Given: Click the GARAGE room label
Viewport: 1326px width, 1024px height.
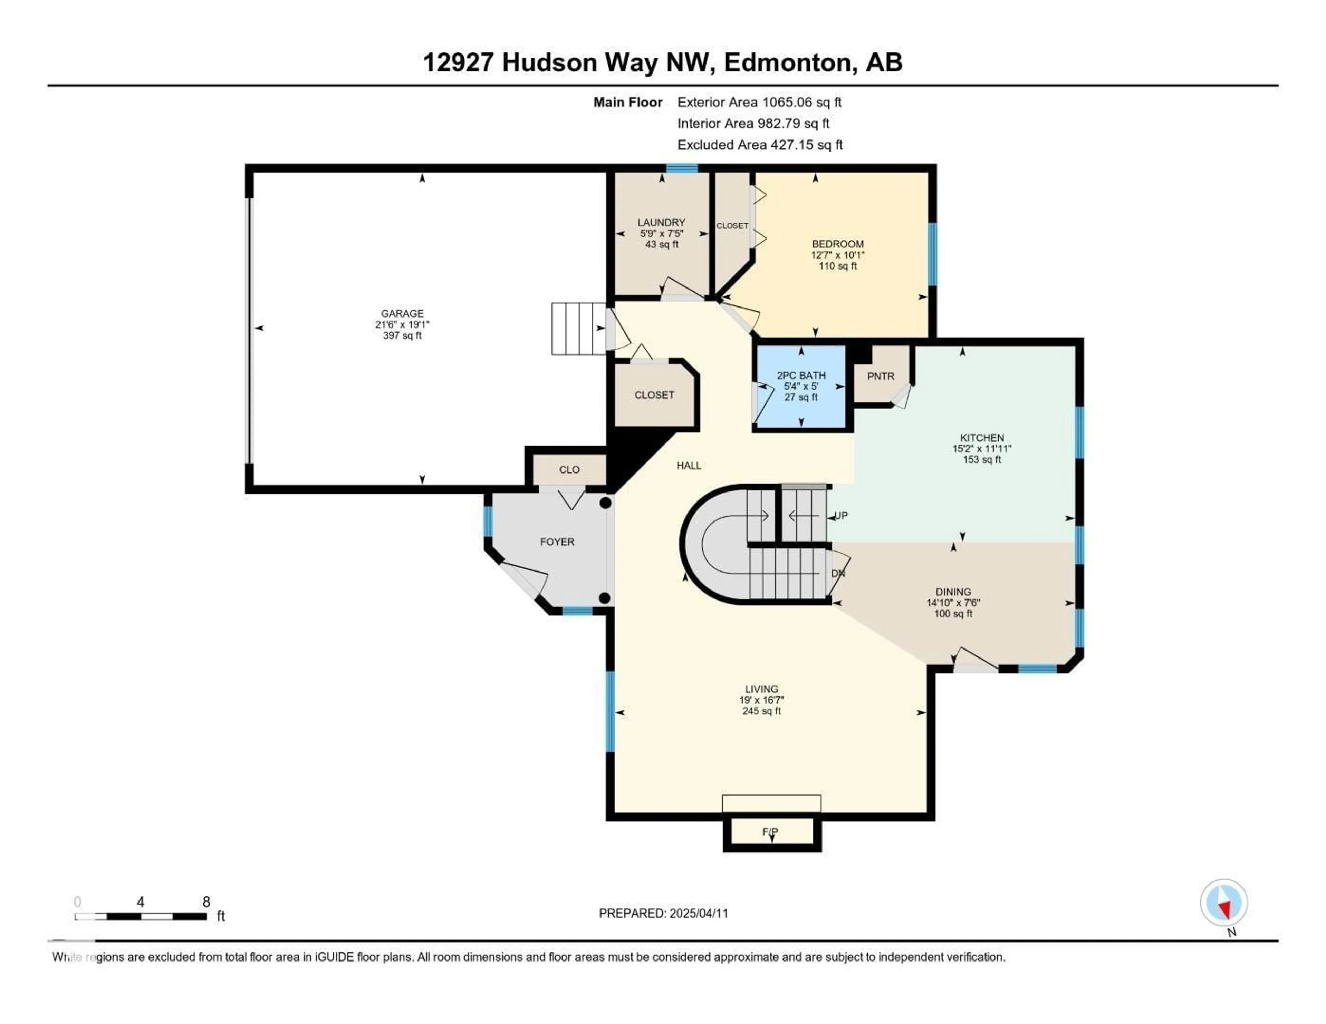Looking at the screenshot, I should [x=402, y=313].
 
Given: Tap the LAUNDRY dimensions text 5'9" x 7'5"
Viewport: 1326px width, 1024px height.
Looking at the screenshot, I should [x=661, y=233].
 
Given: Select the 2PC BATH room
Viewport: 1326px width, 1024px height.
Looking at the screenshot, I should [x=801, y=387].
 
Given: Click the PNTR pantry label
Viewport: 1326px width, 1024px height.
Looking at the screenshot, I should [x=880, y=376].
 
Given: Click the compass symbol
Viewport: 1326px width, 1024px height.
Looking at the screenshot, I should [x=1223, y=903].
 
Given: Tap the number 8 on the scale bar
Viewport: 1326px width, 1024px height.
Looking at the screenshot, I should [x=206, y=902].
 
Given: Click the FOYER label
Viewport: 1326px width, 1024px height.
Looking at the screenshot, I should [x=557, y=542].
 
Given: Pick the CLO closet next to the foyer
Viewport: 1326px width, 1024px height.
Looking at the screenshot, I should [x=569, y=470].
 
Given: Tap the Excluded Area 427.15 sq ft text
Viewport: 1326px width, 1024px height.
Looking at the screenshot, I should [x=760, y=145].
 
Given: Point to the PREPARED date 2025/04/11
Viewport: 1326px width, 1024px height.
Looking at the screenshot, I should [x=698, y=913].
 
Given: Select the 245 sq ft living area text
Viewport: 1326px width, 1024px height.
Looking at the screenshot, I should [x=761, y=711].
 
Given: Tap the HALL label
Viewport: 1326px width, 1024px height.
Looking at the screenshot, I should [x=689, y=466].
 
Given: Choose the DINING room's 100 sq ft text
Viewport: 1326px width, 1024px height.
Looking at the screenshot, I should [x=953, y=614].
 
